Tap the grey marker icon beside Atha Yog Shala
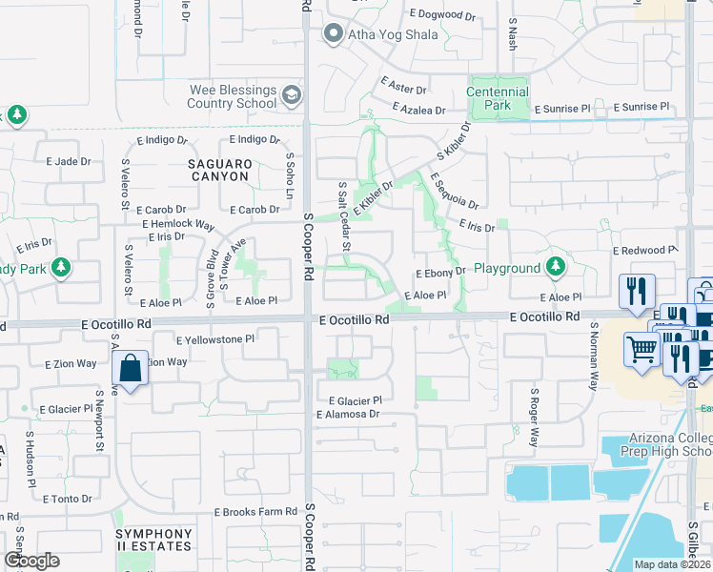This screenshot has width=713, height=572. (333, 35)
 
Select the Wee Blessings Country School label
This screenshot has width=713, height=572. (233, 96)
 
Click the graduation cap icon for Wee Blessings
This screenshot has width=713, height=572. (291, 95)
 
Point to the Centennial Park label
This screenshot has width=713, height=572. (498, 98)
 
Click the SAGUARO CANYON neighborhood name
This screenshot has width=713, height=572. (218, 171)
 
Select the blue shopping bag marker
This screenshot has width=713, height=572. (129, 369)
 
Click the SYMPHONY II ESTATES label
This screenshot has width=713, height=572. (154, 541)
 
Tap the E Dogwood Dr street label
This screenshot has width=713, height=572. (441, 15)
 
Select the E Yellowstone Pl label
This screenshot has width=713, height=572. (215, 338)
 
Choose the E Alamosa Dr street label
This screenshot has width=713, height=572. (348, 415)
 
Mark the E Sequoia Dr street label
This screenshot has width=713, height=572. (453, 191)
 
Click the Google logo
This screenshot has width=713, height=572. (31, 561)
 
